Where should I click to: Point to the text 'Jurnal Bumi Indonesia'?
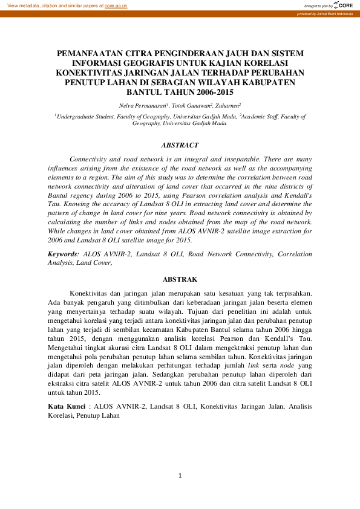[335, 13]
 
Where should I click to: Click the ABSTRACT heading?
[180, 146]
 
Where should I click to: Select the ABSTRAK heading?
[180, 279]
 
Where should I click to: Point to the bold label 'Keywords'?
[62, 254]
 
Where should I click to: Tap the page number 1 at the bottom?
[180, 476]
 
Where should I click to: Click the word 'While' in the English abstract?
[57, 231]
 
